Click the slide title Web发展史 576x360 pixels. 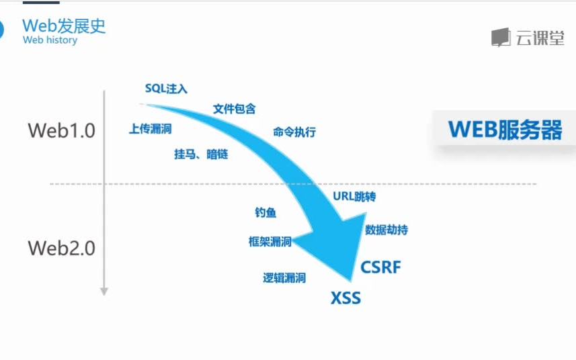point(64,26)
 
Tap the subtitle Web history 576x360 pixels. point(50,40)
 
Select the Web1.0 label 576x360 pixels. point(61,130)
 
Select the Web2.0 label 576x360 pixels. point(61,248)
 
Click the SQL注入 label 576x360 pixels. point(166,89)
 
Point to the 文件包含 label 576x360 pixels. point(234,109)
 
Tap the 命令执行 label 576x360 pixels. point(294,132)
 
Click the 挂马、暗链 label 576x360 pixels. point(201,154)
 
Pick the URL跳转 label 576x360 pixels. point(354,197)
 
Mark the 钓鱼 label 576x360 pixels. point(265,213)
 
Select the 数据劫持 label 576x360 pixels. point(386,230)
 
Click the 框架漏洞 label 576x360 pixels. point(270,242)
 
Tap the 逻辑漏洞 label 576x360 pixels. point(284,278)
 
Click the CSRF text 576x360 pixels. point(380,267)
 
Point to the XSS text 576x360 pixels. point(345,298)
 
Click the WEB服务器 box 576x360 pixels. point(505,130)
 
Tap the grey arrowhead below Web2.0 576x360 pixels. point(104,291)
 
